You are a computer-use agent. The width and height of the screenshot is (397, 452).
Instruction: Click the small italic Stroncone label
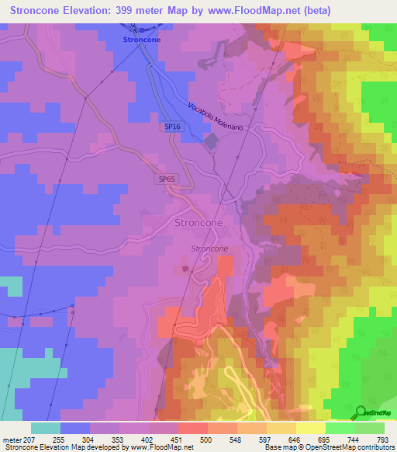tap(209, 249)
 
